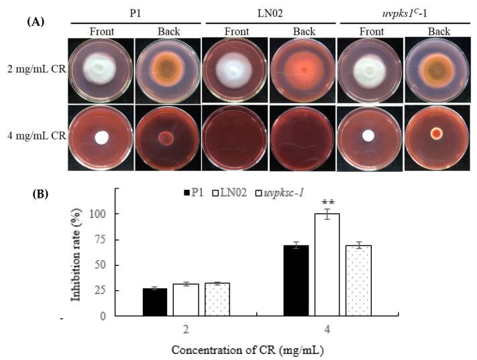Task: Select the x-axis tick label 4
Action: (327, 330)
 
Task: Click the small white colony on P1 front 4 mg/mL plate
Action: (102, 137)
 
